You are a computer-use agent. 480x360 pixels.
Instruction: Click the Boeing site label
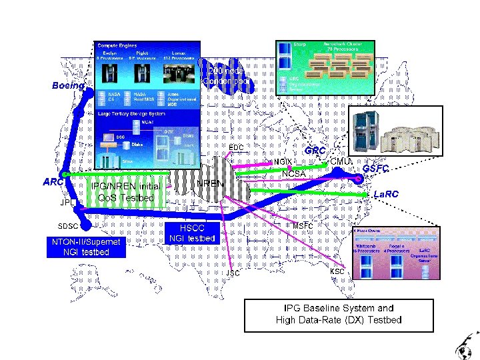(69, 85)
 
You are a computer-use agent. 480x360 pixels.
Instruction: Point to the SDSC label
(68, 226)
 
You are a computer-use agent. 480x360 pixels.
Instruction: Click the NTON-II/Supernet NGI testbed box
(86, 247)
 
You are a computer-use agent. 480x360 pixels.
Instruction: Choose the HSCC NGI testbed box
(192, 233)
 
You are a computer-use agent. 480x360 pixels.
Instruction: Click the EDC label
(236, 147)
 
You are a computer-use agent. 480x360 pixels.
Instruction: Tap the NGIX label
(283, 162)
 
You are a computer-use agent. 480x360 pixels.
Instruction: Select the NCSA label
(293, 175)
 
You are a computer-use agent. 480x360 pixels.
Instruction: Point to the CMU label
(340, 161)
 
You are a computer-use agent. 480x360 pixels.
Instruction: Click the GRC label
(315, 151)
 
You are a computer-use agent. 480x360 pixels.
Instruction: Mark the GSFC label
(376, 169)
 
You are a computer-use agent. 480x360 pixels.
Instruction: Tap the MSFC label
(303, 225)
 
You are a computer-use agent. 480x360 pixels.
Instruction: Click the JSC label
(233, 273)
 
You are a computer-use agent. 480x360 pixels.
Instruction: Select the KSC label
(337, 272)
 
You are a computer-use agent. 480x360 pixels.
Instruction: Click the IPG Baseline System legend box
(339, 314)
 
